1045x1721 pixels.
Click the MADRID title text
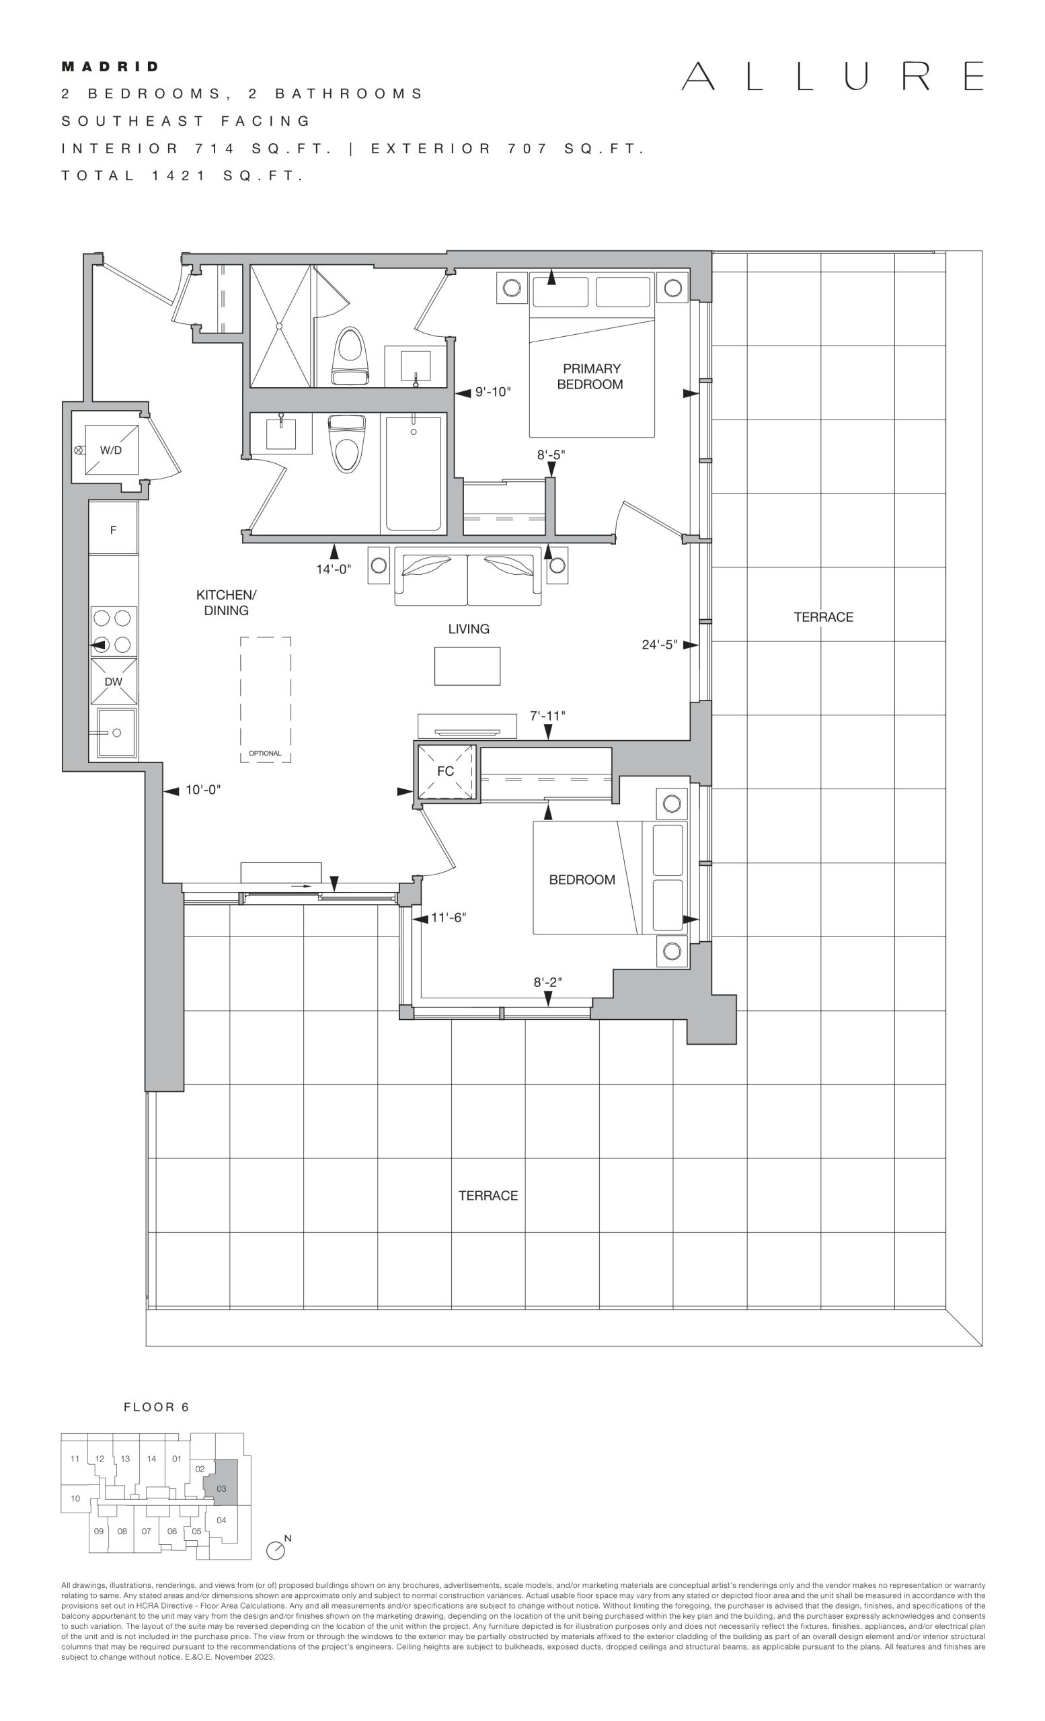[x=110, y=67]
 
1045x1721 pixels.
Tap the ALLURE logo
[x=833, y=76]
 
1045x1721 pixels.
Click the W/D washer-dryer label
[x=111, y=450]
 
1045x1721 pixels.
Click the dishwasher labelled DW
[x=113, y=681]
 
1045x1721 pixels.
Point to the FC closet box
[x=446, y=771]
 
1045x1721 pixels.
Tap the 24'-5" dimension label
[x=660, y=645]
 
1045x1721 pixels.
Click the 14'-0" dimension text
[x=333, y=569]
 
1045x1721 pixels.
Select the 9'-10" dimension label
[x=493, y=392]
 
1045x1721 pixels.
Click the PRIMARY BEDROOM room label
[x=590, y=376]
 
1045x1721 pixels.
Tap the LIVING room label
[x=469, y=629]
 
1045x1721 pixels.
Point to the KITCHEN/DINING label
[x=227, y=603]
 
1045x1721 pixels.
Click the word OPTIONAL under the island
[x=265, y=754]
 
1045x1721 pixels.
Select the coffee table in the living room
[x=467, y=666]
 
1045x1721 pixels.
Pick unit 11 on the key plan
[x=75, y=1458]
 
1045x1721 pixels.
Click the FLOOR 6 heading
[x=157, y=1408]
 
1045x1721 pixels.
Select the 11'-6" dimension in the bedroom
[x=448, y=917]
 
